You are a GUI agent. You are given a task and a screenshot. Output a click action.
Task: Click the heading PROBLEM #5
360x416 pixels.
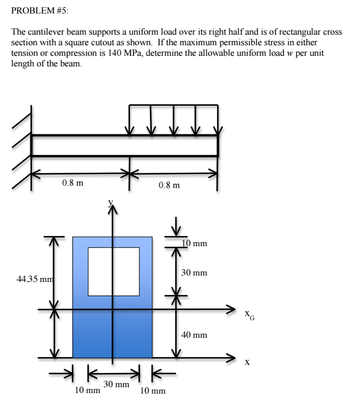coord(36,9)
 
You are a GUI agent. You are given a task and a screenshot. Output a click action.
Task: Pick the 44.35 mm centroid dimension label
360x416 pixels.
coord(27,277)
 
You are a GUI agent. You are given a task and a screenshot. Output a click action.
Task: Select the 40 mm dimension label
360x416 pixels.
coord(194,334)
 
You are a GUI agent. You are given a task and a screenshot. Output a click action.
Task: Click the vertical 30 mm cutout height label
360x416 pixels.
coord(194,273)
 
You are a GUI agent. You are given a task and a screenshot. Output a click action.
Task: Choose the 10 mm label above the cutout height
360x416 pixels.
coord(194,243)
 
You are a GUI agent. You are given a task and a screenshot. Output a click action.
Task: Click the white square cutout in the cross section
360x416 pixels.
coord(114,271)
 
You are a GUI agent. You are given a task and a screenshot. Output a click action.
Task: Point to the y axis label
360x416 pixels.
coord(109,203)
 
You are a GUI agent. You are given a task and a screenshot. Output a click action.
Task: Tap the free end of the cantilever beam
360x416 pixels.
coord(217,145)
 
